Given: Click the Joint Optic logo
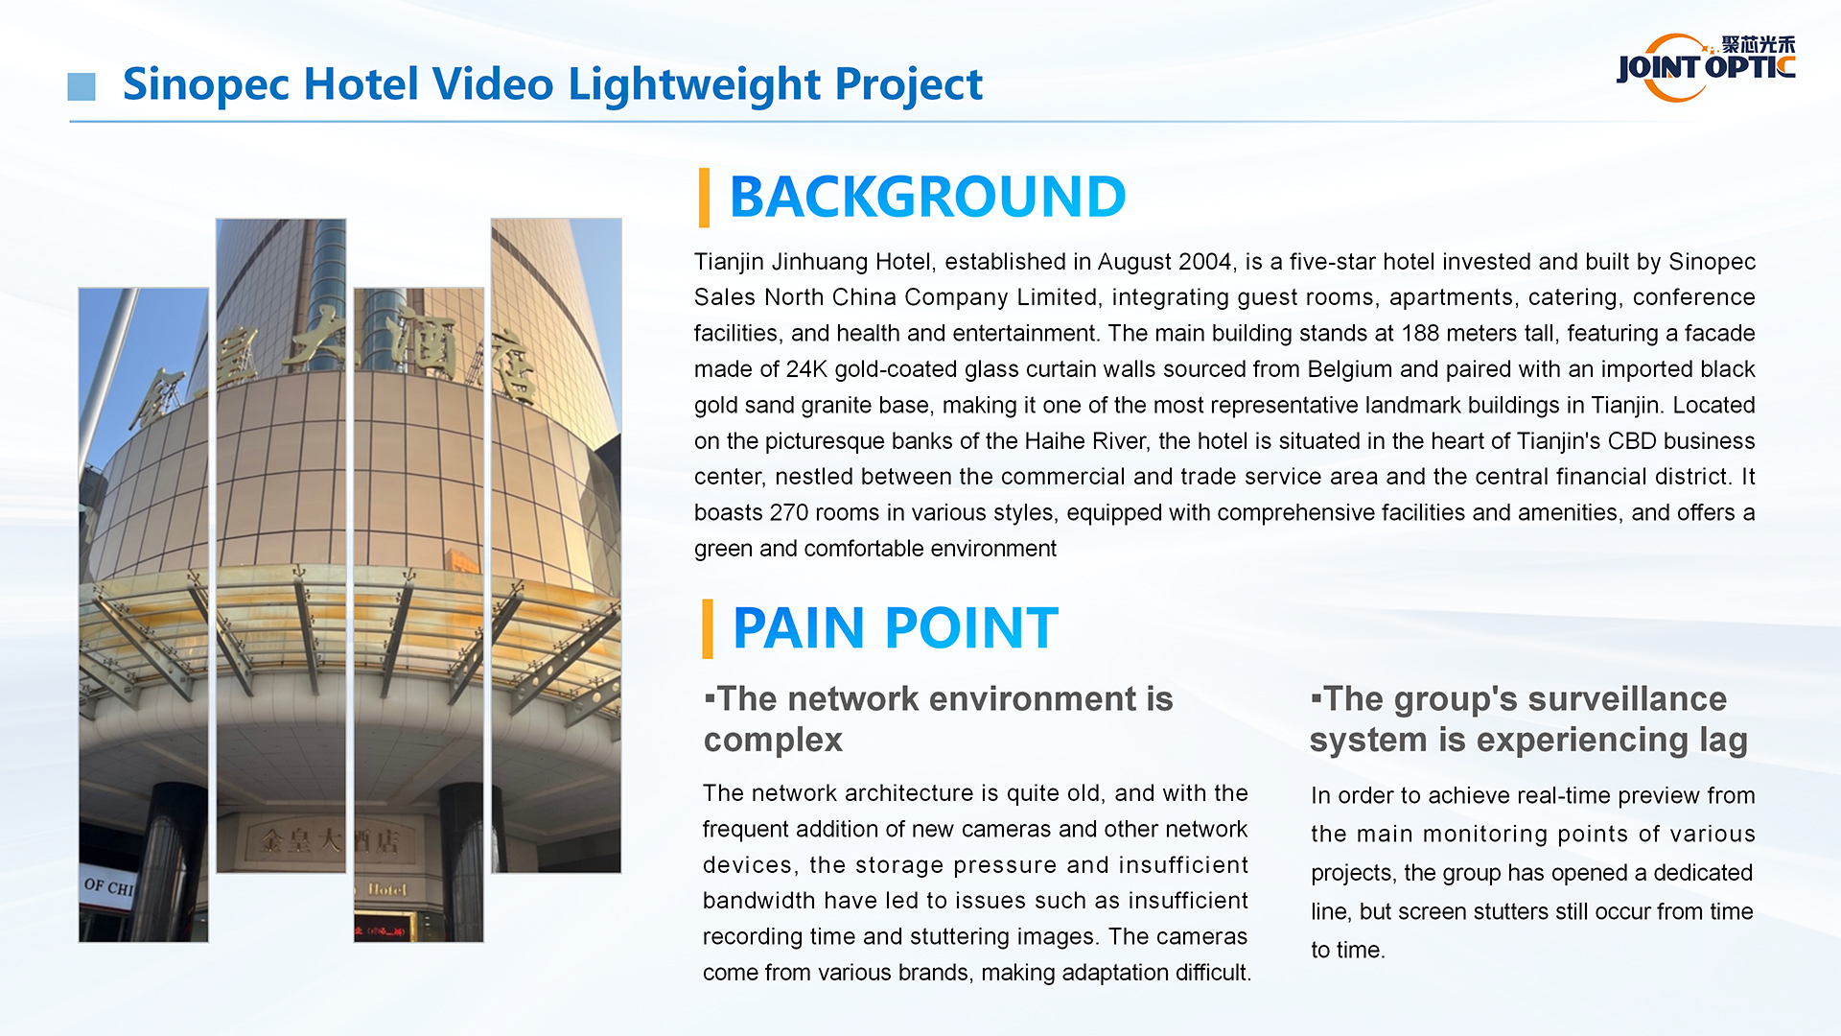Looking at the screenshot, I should (x=1705, y=67).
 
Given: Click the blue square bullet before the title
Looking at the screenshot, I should (x=82, y=86).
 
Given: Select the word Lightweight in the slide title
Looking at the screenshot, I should (x=695, y=84).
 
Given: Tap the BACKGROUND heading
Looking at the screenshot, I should (x=926, y=197).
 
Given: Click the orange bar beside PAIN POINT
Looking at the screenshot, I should (x=708, y=629).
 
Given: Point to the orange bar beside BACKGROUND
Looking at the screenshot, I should (x=705, y=198).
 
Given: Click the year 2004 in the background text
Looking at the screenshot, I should (x=1204, y=262).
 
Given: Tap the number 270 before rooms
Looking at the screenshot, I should (x=788, y=513).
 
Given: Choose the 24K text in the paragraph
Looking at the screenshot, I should (x=805, y=369).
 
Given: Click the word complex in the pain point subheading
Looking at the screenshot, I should (x=773, y=741).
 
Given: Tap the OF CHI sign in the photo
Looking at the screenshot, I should (x=108, y=886).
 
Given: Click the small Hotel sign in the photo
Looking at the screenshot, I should (x=387, y=890).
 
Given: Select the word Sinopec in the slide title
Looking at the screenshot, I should (x=205, y=84).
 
